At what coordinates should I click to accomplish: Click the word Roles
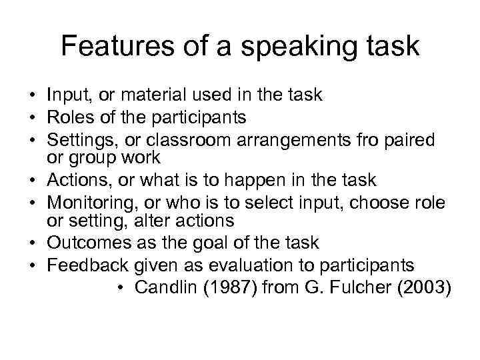click(67, 118)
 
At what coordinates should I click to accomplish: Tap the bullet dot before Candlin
click(119, 287)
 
